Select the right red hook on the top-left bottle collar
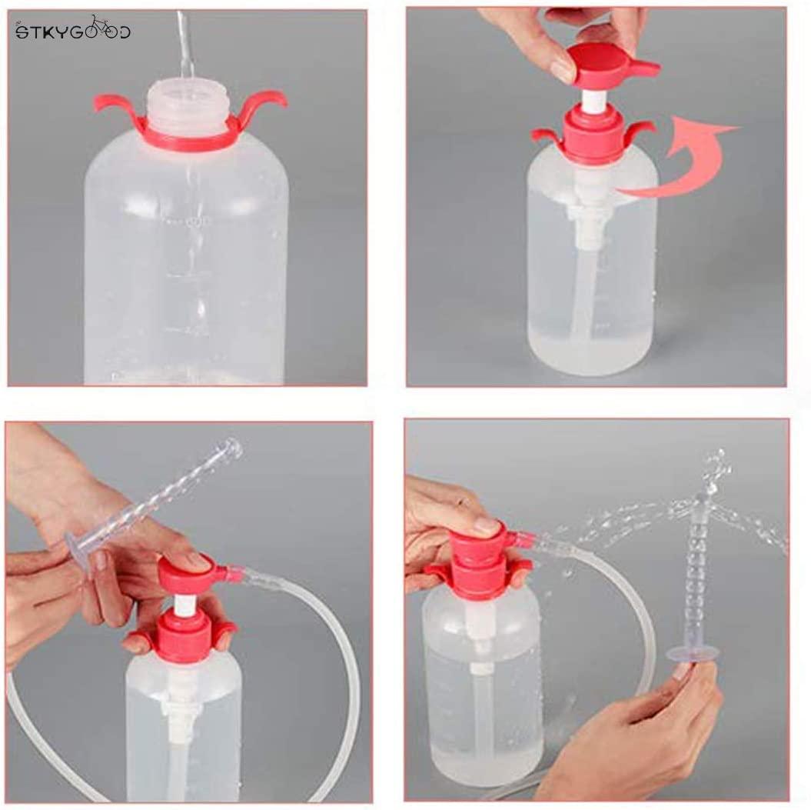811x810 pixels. tap(265, 102)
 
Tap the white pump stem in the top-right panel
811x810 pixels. tap(592, 100)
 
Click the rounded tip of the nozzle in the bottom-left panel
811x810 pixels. tap(231, 446)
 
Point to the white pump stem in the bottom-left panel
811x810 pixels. tap(184, 604)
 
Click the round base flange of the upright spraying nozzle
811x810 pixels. tap(692, 654)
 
